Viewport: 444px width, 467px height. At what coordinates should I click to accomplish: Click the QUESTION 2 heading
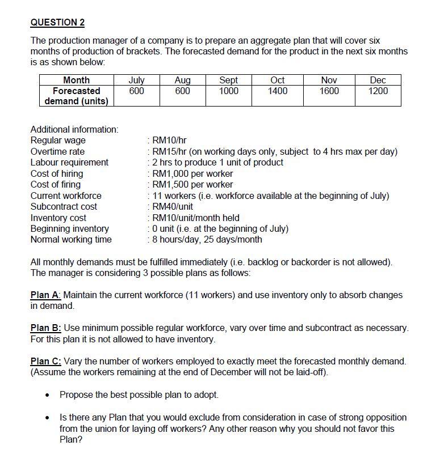57,23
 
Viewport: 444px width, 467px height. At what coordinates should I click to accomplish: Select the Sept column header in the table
228,80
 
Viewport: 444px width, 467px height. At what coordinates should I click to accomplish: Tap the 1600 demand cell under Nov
329,91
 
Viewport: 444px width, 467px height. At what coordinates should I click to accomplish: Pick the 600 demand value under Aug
182,91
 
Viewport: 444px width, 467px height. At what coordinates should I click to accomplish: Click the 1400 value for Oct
278,91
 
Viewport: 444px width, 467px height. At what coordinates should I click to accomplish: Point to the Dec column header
378,80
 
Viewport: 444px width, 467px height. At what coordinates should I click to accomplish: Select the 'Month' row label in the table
76,80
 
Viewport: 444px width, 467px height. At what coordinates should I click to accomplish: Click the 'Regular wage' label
58,141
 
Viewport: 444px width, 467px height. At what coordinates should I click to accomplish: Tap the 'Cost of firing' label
56,185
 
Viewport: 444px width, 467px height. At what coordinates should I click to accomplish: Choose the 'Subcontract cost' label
64,207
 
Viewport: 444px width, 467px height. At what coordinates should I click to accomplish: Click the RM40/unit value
173,207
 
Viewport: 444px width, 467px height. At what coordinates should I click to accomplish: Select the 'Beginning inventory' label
69,229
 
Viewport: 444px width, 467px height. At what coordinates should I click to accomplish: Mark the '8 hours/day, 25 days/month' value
207,240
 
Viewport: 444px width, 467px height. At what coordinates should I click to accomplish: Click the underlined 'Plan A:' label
45,295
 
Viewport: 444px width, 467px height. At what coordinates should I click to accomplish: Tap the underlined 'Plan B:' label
45,328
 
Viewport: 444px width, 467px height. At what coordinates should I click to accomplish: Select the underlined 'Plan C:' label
46,362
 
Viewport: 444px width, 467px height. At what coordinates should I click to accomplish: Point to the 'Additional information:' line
74,130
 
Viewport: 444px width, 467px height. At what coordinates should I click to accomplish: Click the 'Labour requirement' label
69,163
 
